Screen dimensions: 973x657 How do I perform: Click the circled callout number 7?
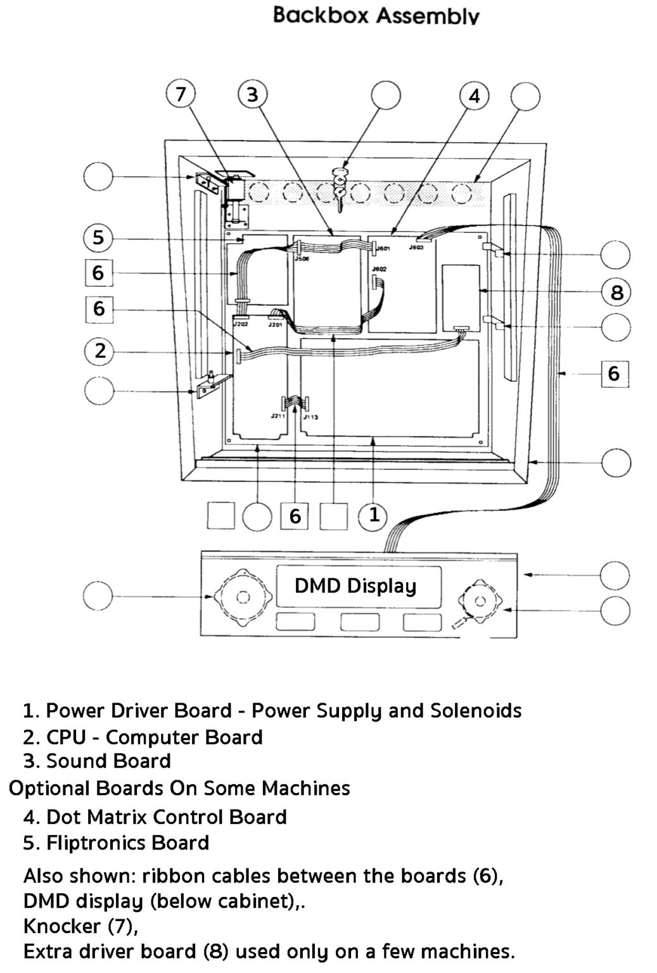pos(181,95)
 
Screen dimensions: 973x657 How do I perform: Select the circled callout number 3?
pos(252,95)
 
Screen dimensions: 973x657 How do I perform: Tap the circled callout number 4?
pos(474,96)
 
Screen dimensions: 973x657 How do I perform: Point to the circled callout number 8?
pos(616,293)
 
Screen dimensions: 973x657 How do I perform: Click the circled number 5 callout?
pos(98,238)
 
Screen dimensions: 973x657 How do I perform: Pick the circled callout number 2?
pos(99,351)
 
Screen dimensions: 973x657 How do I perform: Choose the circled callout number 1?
pos(374,515)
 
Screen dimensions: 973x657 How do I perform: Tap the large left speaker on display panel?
pos(243,597)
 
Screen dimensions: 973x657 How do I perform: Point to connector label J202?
pos(240,324)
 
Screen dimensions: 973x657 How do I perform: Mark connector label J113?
pos(310,417)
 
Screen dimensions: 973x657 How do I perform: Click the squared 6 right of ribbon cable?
pos(613,373)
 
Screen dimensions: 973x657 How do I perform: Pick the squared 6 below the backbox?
pos(295,516)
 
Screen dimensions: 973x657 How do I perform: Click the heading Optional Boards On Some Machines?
pos(179,789)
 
